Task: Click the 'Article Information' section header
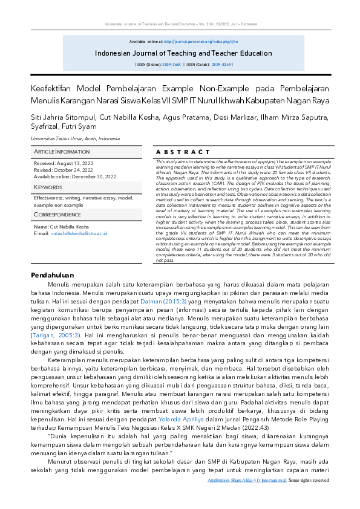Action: tap(62, 151)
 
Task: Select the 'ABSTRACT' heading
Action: tap(183, 152)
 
